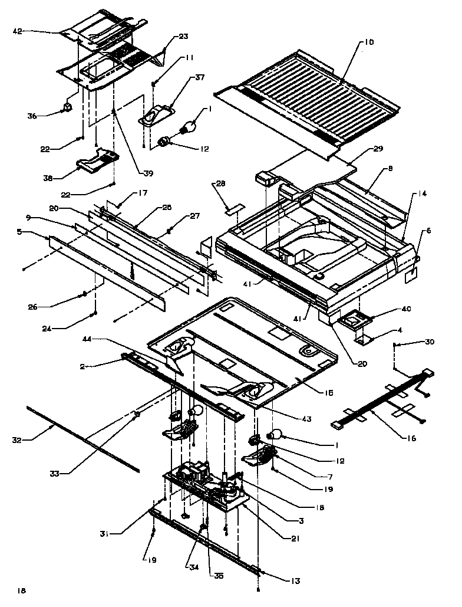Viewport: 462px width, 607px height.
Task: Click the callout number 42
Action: (17, 31)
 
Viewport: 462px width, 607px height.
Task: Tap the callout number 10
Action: (368, 42)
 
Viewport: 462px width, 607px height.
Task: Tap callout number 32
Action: (17, 439)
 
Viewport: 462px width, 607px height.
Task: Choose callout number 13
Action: (295, 582)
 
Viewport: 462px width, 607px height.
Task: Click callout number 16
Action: (410, 438)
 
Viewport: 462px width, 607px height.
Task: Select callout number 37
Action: (200, 78)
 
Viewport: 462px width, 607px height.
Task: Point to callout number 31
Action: (104, 534)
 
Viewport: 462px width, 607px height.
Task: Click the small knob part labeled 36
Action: (68, 107)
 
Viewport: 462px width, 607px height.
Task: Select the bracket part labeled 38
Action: (97, 160)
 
